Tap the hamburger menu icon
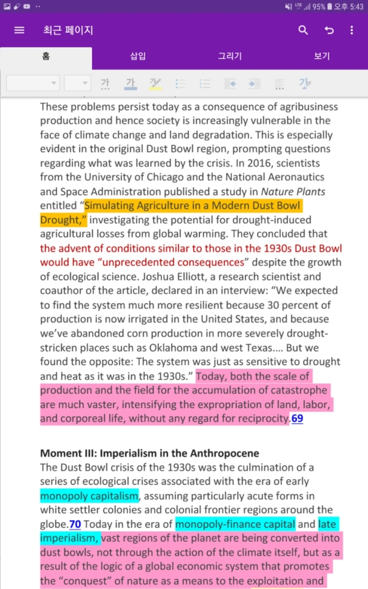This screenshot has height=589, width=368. [19, 30]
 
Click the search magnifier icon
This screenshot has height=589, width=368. [303, 30]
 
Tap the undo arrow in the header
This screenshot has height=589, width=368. [329, 30]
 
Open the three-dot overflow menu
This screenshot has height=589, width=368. [352, 30]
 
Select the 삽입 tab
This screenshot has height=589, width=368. [138, 56]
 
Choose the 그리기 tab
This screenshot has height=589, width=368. [230, 56]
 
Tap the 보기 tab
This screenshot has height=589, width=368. [322, 56]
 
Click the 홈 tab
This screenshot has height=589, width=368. [46, 56]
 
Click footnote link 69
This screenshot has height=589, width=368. [297, 419]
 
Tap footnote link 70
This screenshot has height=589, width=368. [75, 524]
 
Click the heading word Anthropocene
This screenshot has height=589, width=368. [224, 453]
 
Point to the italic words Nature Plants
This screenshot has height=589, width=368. [293, 192]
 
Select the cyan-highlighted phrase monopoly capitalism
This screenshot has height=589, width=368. [89, 495]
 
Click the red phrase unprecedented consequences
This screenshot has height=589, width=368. [195, 262]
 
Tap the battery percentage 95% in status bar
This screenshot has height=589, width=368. [319, 7]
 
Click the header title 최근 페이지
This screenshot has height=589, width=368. [68, 30]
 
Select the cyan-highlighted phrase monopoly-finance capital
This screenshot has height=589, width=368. [235, 524]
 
